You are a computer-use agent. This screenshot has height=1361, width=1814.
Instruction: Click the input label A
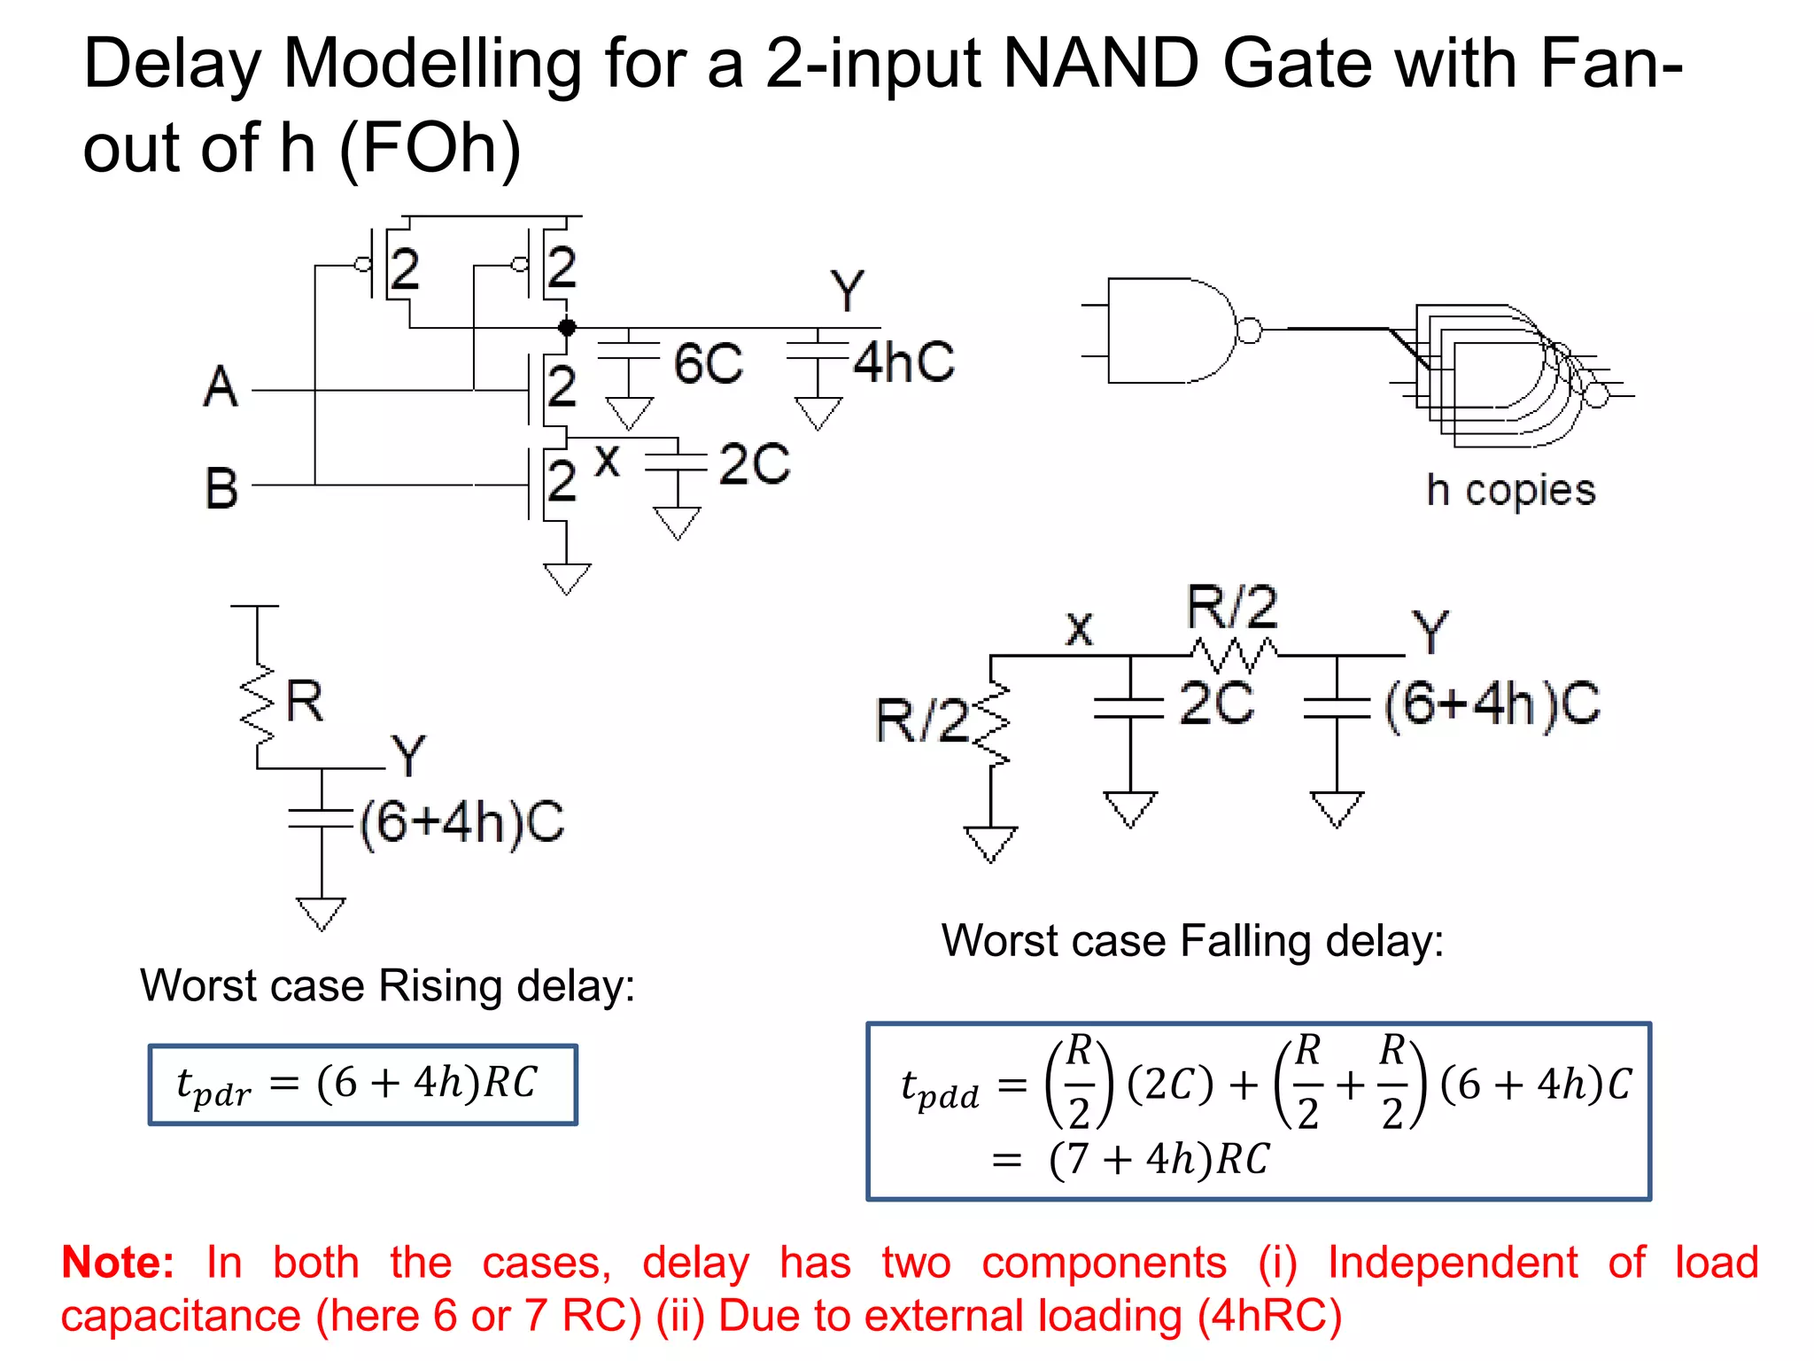tap(221, 387)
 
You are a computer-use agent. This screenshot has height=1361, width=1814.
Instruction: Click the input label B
tap(221, 487)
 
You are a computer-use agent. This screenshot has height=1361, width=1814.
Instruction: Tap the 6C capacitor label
tap(708, 363)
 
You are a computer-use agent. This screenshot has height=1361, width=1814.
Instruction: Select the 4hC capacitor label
tap(903, 362)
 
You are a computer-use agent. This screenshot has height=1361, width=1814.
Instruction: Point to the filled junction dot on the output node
tap(567, 327)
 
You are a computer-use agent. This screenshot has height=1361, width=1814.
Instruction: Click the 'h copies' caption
tap(1510, 490)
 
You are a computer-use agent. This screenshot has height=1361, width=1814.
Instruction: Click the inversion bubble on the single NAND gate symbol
tap(1249, 331)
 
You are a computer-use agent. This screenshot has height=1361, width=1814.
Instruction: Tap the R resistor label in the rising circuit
tap(305, 701)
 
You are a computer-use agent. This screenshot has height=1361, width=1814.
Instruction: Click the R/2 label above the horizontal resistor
tap(1232, 608)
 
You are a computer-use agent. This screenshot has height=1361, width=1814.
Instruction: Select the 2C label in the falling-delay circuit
tap(1216, 704)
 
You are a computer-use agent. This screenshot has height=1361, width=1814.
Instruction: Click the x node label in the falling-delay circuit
tap(1079, 629)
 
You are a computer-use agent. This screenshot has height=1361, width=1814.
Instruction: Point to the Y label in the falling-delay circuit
tap(1430, 632)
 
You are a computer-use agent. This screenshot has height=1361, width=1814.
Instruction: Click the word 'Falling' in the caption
tap(1245, 941)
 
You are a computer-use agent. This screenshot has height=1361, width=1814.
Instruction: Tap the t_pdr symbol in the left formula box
tap(213, 1086)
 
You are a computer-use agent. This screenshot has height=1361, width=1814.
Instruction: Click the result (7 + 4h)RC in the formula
tap(1159, 1159)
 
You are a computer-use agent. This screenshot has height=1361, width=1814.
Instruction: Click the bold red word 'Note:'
tap(118, 1262)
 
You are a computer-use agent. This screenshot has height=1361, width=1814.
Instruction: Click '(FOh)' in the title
tap(430, 149)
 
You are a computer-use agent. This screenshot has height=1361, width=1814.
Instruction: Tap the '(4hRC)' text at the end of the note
tap(1269, 1316)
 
